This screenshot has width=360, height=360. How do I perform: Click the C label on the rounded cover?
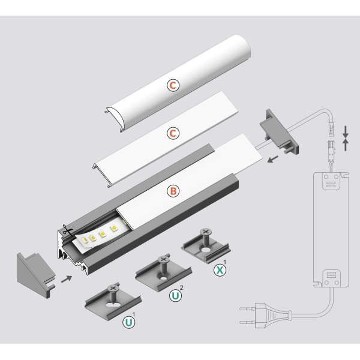click(x=173, y=86)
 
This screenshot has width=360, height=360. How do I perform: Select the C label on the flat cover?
click(x=173, y=132)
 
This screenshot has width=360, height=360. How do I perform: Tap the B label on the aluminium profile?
click(x=173, y=191)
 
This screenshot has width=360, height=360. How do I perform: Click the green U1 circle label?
click(x=127, y=322)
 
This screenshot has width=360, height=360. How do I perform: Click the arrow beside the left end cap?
click(x=67, y=278)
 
